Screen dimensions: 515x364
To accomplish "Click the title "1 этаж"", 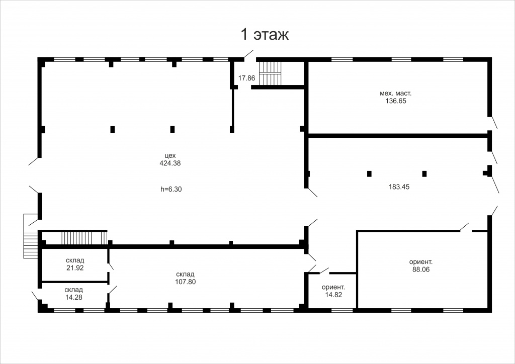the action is [265, 35].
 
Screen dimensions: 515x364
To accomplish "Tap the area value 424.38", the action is [170, 163].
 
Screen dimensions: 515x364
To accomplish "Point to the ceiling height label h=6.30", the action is [171, 189].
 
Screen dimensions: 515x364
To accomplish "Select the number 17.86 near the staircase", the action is [246, 78].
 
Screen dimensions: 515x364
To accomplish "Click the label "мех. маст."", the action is [396, 93].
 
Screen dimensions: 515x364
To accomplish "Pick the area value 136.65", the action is [396, 101].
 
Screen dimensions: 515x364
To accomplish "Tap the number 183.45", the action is [399, 187].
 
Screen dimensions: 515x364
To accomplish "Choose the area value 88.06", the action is [421, 269].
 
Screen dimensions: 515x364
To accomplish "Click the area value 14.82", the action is [334, 295].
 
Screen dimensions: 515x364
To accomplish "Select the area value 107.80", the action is [186, 282].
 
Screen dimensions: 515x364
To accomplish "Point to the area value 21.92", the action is [75, 268].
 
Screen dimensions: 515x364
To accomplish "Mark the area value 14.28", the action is [73, 297].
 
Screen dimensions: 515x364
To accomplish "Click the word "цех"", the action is [170, 155].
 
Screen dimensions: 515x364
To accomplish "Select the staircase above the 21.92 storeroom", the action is [84, 238].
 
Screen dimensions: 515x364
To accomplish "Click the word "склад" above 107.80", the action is [185, 274].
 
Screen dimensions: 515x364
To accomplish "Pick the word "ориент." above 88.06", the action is [421, 262].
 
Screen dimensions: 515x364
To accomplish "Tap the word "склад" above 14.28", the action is [73, 290].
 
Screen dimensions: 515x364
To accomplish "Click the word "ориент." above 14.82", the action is [333, 287].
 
